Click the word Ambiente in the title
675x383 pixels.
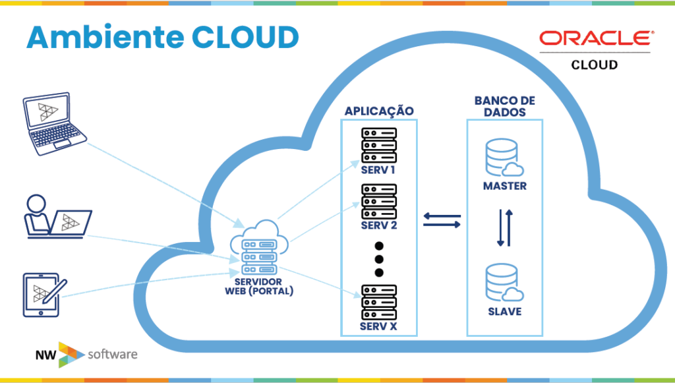click(x=105, y=37)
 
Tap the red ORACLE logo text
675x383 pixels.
click(x=597, y=38)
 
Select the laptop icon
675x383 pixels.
click(x=54, y=123)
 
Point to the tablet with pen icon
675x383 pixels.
click(x=45, y=295)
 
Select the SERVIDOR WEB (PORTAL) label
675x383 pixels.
click(x=258, y=287)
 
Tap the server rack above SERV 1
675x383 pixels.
click(x=379, y=146)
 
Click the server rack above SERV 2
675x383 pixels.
click(x=379, y=202)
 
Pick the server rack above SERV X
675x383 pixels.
click(x=379, y=302)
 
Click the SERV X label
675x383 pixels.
click(x=378, y=326)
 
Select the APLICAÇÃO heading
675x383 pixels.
click(x=379, y=111)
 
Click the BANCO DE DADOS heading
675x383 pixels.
click(x=504, y=106)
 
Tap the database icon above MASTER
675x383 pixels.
click(x=504, y=158)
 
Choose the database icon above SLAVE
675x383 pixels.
click(x=504, y=283)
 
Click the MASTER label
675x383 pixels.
click(x=504, y=186)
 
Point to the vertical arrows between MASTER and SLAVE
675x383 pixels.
click(x=505, y=227)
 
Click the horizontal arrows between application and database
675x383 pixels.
click(x=442, y=220)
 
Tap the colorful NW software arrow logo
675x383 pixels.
click(x=70, y=355)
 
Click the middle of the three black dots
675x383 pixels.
click(x=379, y=259)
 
